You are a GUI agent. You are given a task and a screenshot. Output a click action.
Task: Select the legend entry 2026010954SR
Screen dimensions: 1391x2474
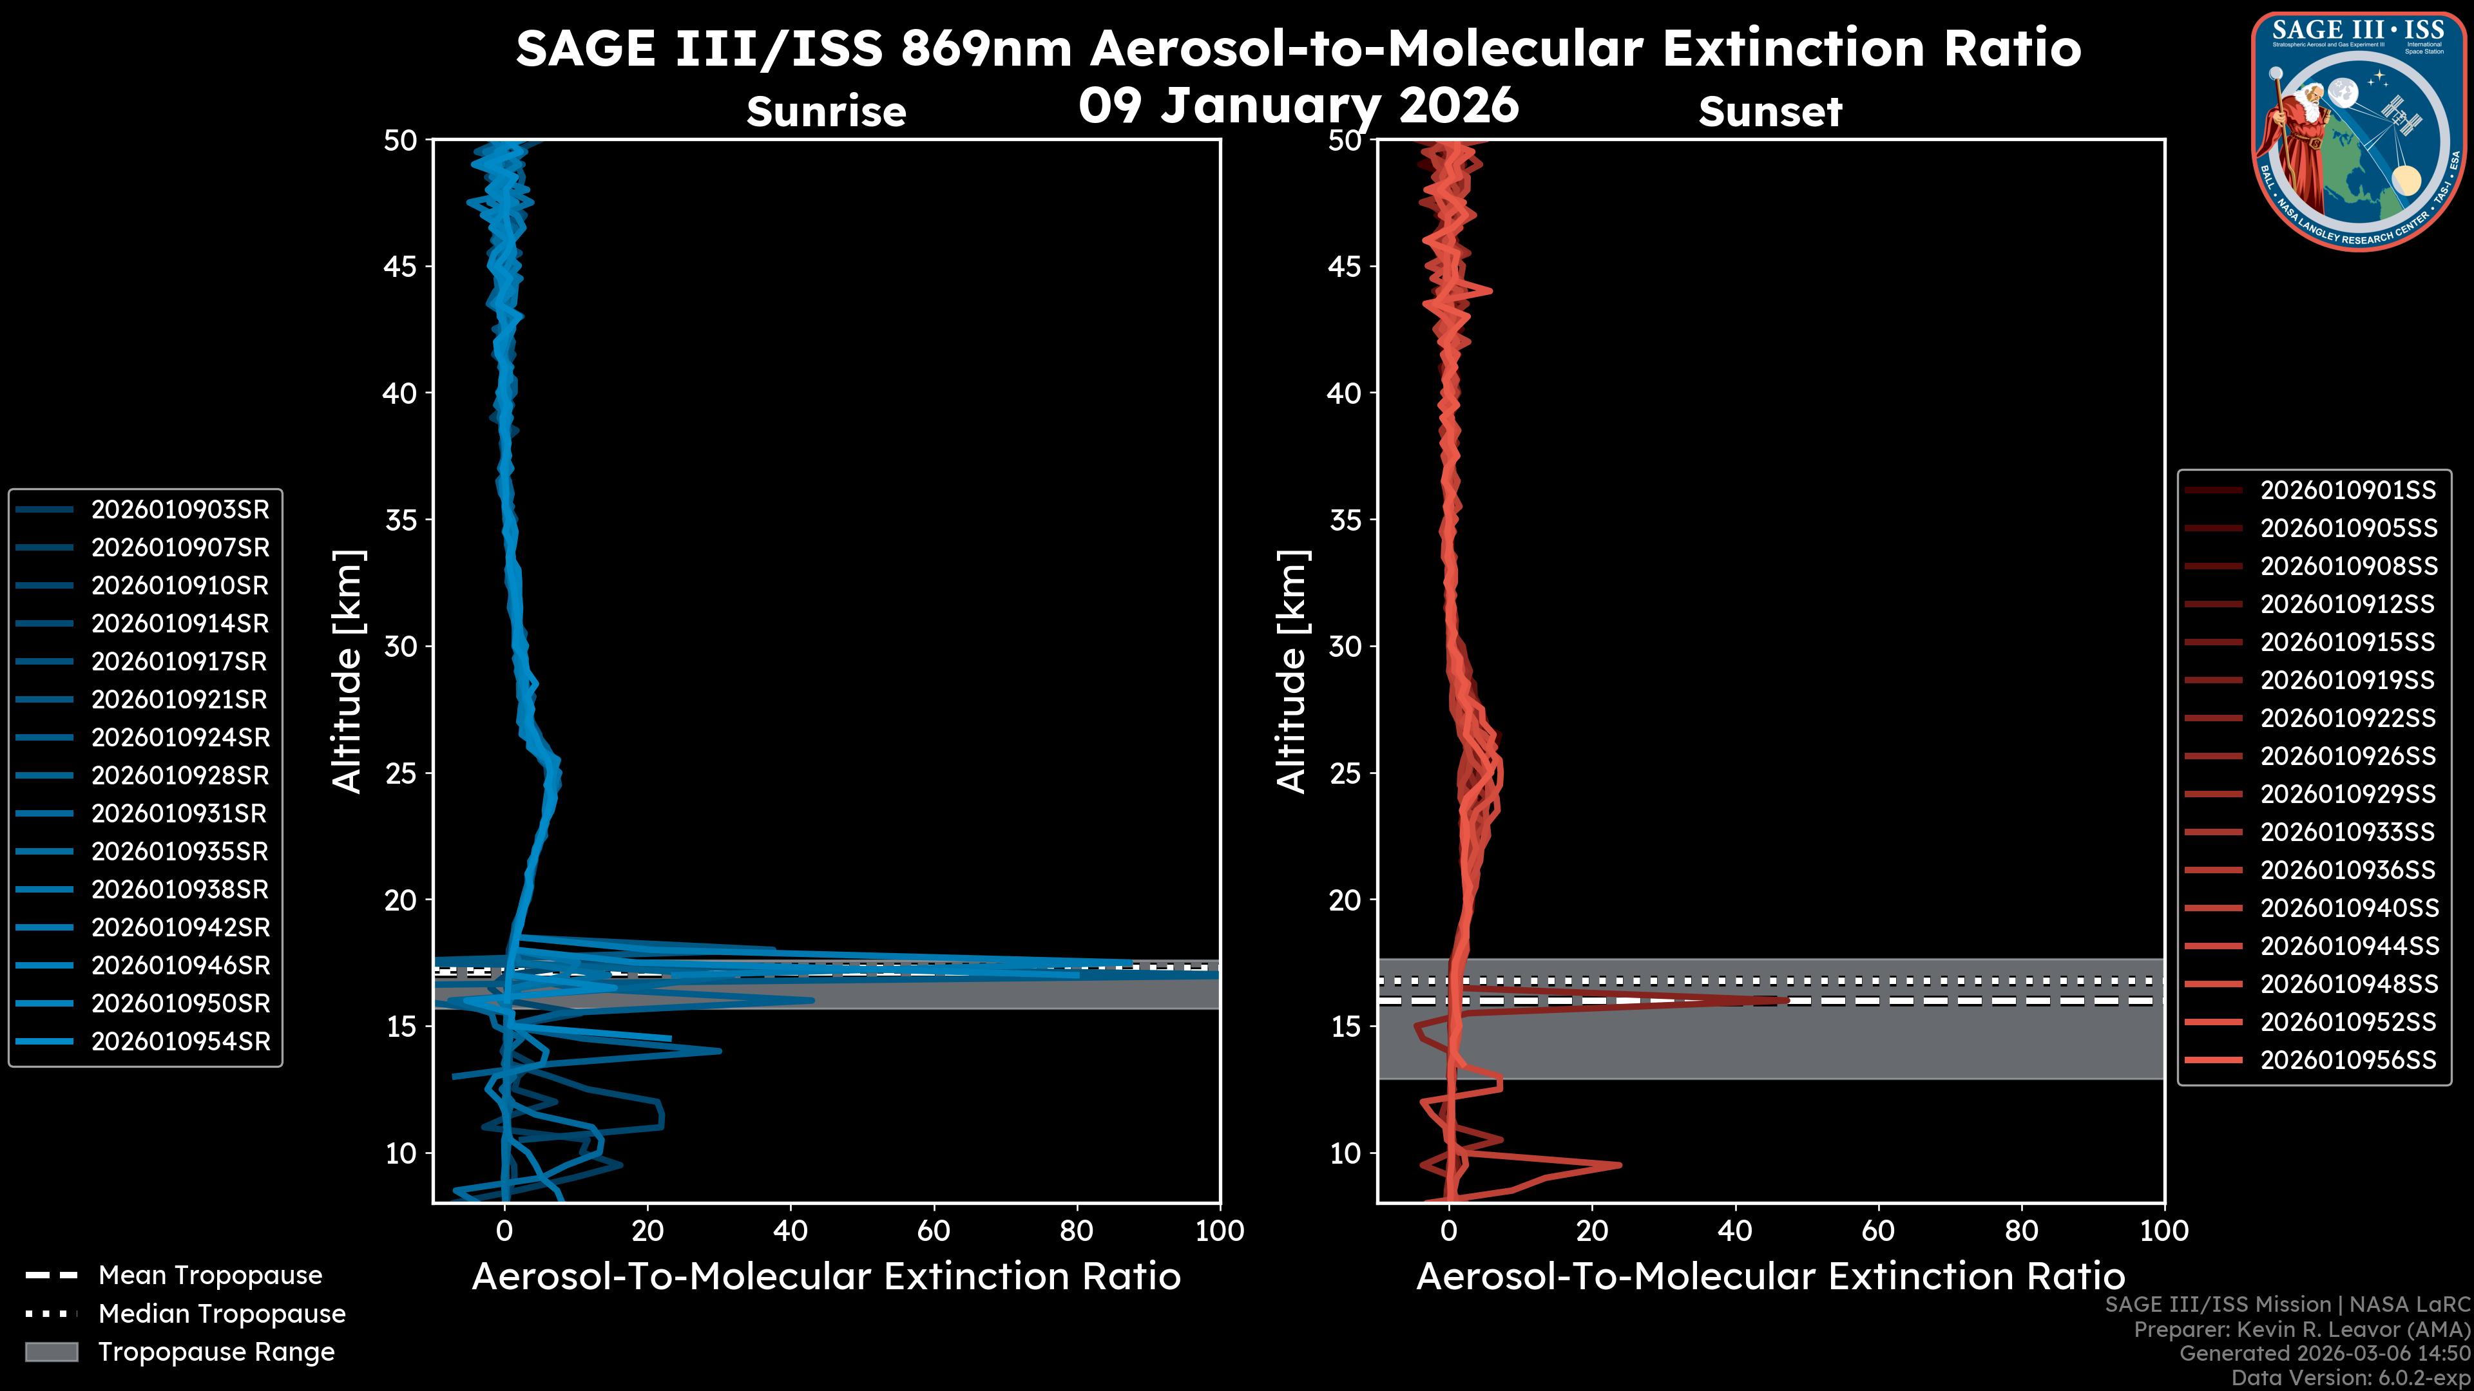coord(180,1041)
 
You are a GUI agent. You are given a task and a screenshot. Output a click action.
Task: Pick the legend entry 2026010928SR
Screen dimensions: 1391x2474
coord(180,775)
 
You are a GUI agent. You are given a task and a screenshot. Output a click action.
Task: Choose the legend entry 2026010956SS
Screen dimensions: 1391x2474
coord(2347,1060)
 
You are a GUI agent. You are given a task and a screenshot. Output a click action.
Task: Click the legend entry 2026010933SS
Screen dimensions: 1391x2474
coord(2347,832)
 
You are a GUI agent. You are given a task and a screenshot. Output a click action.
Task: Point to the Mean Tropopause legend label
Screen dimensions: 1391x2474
coord(210,1276)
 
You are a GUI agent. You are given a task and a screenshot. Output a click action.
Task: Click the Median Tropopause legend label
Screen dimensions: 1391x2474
coord(222,1313)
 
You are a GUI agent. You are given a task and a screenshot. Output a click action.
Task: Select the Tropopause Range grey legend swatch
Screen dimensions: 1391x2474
coord(51,1352)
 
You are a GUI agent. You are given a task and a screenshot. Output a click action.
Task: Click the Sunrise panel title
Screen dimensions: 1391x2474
coord(826,112)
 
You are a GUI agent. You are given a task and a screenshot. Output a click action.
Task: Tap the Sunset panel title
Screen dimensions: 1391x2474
coord(1770,112)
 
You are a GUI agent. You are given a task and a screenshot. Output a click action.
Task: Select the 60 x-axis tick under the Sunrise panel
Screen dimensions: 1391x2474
coord(934,1231)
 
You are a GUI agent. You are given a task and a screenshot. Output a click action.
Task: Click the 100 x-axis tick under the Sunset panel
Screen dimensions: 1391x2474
coord(2164,1231)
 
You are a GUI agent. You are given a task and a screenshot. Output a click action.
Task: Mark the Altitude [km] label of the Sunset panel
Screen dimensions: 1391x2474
coord(1292,672)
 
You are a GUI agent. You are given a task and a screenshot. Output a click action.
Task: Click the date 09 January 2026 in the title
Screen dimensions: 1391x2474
coord(1298,106)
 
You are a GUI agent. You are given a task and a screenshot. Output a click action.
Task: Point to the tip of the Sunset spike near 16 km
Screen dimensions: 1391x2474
coord(1787,1000)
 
